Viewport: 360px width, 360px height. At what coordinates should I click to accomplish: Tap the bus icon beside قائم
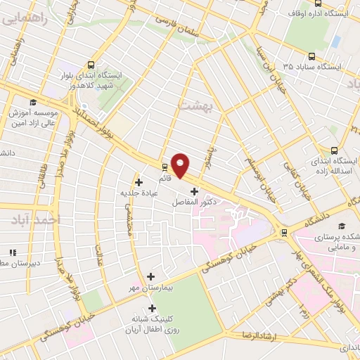click(x=165, y=167)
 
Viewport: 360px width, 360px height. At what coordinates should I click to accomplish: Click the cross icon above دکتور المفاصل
click(x=195, y=191)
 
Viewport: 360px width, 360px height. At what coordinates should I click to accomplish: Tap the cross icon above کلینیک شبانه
click(x=152, y=308)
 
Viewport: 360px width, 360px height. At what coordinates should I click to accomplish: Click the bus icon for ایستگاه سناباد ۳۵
click(x=311, y=56)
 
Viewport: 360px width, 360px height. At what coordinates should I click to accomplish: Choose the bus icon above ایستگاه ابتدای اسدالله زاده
click(x=335, y=150)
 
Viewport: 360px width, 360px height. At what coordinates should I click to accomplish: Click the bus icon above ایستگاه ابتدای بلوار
click(x=89, y=63)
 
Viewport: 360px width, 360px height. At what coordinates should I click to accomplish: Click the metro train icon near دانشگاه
click(x=284, y=232)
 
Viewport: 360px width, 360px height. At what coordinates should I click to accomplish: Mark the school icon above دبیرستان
click(x=12, y=252)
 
